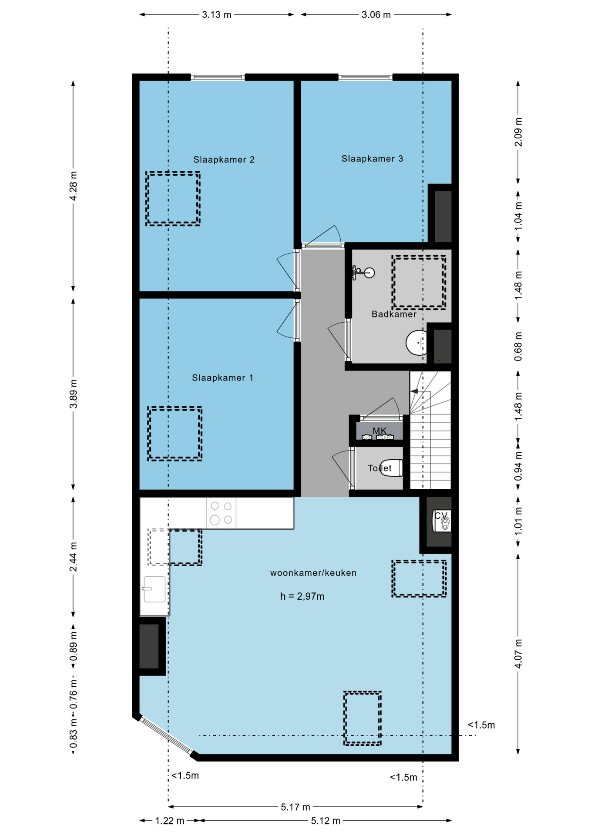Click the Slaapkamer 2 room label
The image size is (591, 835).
224,160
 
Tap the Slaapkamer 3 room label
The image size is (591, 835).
372,159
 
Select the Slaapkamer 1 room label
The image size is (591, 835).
222,377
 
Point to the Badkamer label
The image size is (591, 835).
394,314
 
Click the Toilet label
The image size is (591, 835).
379,468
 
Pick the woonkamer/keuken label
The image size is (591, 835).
313,573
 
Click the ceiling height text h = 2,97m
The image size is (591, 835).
302,596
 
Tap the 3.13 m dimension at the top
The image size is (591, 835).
217,15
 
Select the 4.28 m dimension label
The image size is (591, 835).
74,186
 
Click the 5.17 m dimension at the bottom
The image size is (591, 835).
295,807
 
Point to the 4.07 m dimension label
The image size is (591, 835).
518,654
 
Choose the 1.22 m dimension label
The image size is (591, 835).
170,821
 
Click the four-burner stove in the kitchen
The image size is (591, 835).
221,513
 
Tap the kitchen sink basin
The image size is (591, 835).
154,589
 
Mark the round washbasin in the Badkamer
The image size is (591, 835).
417,343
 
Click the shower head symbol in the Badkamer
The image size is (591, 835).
364,273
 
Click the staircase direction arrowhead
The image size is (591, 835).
414,391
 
